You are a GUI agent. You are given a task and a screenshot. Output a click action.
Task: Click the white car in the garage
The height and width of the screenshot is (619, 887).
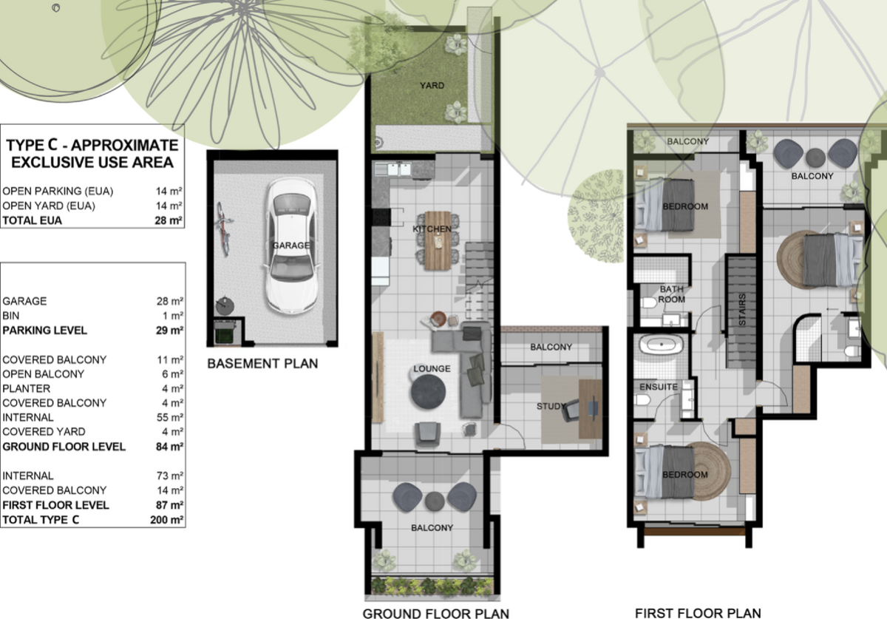291,246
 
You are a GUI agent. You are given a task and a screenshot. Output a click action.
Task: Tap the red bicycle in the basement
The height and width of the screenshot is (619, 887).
224,229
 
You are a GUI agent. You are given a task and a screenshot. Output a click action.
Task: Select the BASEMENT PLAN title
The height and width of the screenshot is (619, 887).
262,364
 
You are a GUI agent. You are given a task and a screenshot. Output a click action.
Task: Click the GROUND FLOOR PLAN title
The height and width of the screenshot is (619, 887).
435,613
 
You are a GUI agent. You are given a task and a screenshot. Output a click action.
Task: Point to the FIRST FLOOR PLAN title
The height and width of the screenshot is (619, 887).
698,613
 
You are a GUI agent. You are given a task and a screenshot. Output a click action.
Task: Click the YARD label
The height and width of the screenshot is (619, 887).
432,86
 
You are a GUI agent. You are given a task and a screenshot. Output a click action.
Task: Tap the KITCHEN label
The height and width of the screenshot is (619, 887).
432,229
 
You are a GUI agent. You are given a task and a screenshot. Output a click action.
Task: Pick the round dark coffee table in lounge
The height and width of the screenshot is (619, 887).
428,391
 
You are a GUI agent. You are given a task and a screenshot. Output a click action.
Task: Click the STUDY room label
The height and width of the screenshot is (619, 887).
551,406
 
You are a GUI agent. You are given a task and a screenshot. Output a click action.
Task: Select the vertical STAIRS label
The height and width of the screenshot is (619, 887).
742,309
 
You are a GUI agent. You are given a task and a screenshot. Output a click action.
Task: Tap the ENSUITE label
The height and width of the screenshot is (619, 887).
659,387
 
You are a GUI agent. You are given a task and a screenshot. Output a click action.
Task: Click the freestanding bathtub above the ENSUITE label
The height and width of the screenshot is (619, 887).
662,345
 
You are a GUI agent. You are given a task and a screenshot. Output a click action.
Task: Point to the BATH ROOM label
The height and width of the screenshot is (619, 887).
672,294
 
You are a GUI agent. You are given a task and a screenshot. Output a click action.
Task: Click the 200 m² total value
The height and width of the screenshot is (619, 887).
167,520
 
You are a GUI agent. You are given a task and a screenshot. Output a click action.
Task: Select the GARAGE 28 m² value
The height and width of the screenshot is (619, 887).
170,301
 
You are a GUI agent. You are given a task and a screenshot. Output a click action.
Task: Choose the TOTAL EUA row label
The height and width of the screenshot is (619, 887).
32,220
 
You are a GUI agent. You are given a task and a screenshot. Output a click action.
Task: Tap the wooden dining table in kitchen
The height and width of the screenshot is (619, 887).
438,240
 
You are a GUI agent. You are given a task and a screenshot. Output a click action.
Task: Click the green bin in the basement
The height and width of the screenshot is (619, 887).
225,334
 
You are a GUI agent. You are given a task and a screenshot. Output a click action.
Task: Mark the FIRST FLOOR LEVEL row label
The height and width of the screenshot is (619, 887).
55,505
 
